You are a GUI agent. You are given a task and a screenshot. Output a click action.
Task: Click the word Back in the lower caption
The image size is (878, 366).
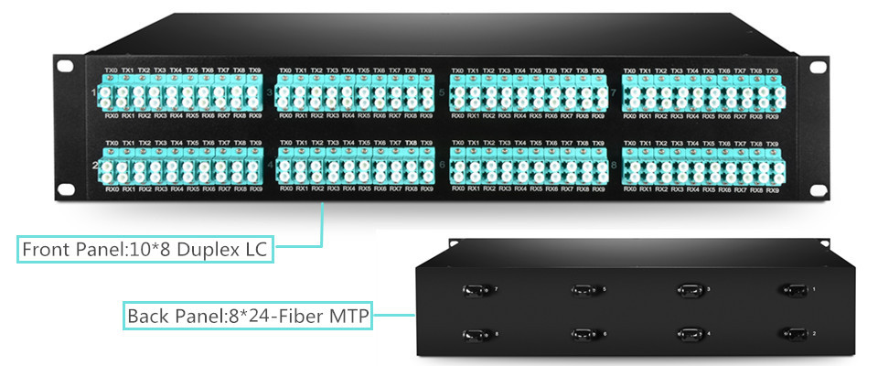click(147, 317)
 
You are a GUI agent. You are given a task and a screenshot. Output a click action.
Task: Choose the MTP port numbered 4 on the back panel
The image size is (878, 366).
click(686, 333)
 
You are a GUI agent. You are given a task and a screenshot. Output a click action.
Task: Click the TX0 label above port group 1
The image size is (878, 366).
click(112, 70)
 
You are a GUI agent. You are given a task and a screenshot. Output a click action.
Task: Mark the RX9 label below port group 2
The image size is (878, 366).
click(255, 188)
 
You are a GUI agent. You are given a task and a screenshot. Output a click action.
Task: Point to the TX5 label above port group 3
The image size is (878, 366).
click(363, 70)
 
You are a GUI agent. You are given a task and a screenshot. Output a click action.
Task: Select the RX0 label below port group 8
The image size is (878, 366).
click(630, 188)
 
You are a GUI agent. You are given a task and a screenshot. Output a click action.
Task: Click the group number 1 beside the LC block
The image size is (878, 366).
click(94, 92)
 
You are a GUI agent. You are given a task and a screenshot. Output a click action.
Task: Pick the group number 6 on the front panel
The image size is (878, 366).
click(443, 165)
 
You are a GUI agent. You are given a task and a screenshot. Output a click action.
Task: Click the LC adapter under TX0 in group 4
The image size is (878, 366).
click(287, 166)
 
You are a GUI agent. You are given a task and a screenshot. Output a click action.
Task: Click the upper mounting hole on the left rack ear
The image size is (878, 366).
click(64, 67)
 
